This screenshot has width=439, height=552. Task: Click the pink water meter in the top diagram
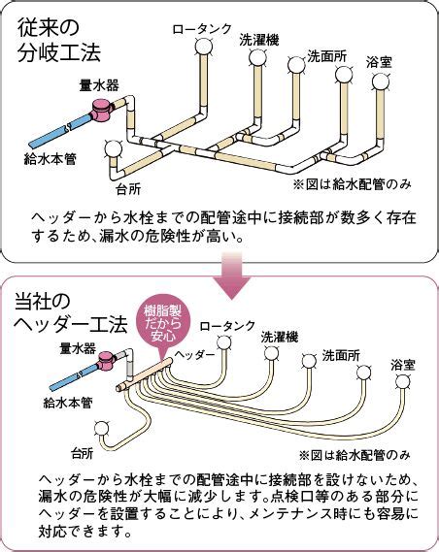tap(103, 110)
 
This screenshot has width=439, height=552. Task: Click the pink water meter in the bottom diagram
tap(108, 361)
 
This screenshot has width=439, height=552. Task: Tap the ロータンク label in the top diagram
tap(202, 28)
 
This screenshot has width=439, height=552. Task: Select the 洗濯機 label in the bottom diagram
tap(280, 337)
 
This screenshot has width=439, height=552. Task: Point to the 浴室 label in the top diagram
tap(379, 63)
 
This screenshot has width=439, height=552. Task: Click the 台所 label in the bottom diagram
tap(83, 453)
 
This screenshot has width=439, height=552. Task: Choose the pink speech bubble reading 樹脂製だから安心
tap(162, 322)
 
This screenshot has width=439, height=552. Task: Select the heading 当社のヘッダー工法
tap(71, 313)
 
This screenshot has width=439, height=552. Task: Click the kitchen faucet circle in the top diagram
tap(114, 148)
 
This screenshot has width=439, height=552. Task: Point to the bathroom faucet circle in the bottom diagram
tap(403, 381)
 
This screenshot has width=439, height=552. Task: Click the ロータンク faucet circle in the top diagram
tap(204, 46)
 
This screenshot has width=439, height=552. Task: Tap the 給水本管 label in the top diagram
tap(50, 159)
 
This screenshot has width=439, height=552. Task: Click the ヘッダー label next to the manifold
tap(195, 354)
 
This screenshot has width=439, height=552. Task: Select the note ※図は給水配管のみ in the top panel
tap(353, 184)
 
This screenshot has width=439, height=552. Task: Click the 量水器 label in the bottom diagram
tap(78, 348)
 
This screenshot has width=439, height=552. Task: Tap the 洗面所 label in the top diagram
tap(327, 56)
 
